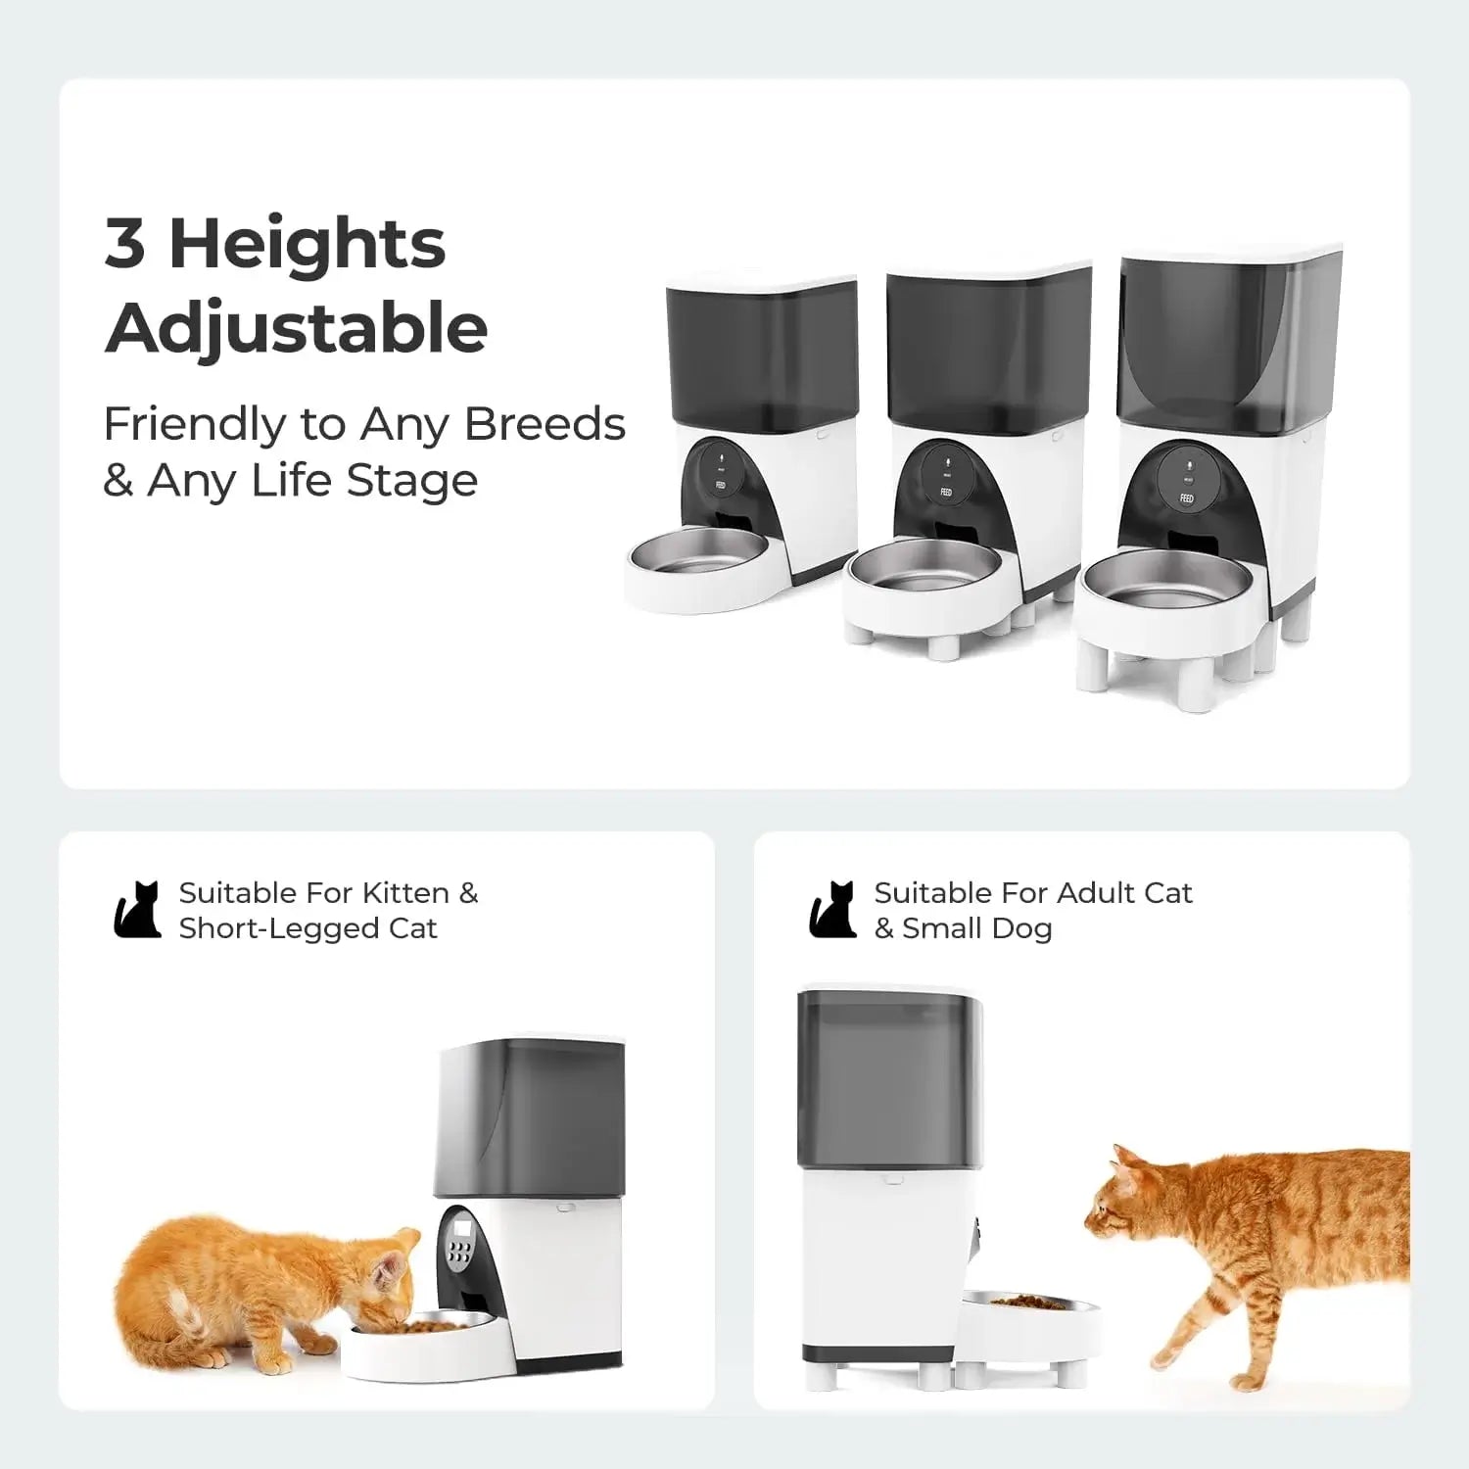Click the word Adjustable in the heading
pos(296,328)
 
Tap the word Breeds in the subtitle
pos(545,424)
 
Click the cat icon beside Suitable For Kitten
pos(137,910)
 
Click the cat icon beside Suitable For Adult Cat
pos(832,910)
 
